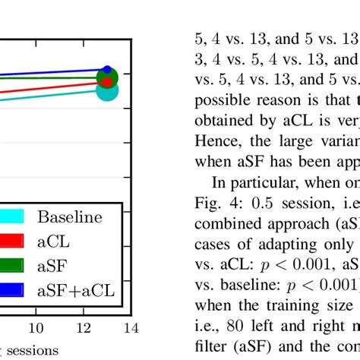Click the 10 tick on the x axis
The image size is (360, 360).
35,327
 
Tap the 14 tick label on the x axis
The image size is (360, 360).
131,327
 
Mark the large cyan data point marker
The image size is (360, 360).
108,90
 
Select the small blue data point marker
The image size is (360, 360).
107,70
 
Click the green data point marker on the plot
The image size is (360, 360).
108,77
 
